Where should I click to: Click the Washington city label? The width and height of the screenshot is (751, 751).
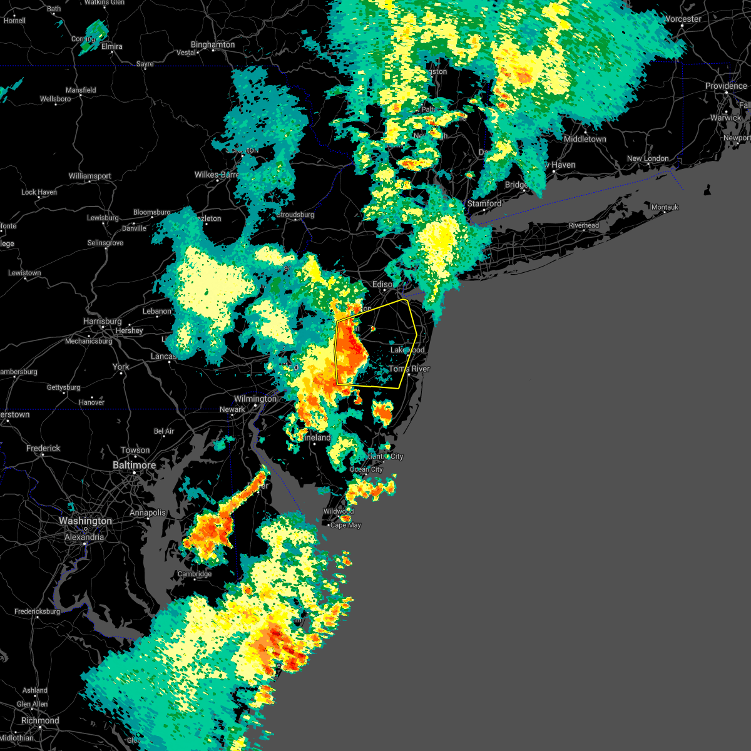click(x=85, y=521)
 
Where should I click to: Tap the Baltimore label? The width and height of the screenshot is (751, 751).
click(x=134, y=465)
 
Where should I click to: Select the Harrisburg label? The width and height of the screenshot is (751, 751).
click(x=102, y=321)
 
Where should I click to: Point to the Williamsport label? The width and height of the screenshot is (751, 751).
click(x=89, y=176)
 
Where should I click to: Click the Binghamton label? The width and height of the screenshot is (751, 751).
click(x=213, y=45)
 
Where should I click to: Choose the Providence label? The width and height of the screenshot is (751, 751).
click(x=726, y=86)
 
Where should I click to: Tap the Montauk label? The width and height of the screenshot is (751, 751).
click(x=665, y=207)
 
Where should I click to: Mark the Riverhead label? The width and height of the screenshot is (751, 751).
click(x=583, y=225)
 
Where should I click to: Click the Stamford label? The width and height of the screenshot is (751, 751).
click(x=484, y=203)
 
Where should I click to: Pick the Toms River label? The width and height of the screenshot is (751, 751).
click(x=410, y=369)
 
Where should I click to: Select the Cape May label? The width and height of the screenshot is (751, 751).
click(x=345, y=525)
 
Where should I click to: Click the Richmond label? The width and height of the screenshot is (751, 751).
click(x=40, y=720)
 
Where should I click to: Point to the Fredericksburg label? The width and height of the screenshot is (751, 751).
click(x=38, y=611)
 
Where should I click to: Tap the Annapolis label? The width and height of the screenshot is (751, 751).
click(x=148, y=513)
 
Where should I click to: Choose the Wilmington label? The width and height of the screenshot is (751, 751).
click(x=255, y=399)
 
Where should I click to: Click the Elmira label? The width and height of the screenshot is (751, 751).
click(x=111, y=46)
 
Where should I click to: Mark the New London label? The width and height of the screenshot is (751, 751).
click(x=648, y=158)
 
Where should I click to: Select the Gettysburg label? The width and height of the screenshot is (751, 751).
click(x=63, y=387)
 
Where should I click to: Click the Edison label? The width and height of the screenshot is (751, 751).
click(x=382, y=285)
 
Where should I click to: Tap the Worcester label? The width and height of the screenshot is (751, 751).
click(x=682, y=19)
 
